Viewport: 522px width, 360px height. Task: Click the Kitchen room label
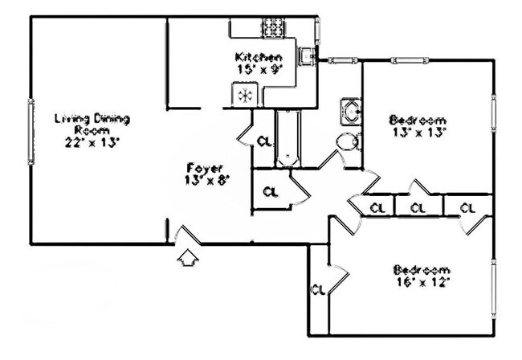259,57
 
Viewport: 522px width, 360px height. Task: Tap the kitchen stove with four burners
273,27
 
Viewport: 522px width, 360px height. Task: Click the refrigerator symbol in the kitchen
245,96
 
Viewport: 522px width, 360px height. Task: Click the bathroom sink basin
350,111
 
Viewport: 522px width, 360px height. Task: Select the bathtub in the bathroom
288,138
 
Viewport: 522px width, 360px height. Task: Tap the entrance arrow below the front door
187,258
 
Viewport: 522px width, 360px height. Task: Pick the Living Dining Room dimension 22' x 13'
92,142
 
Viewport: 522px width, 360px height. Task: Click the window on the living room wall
31,132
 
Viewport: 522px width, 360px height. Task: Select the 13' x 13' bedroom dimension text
419,133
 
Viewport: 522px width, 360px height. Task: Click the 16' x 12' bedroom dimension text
423,282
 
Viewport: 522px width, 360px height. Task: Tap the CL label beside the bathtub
265,141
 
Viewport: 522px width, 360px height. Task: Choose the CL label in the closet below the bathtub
271,192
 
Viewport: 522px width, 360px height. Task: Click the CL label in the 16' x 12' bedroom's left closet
318,290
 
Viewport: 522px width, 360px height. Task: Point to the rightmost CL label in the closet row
467,208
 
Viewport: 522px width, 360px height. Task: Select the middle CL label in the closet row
418,208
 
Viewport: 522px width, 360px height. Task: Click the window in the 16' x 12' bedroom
494,288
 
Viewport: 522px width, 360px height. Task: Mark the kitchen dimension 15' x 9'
259,69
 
